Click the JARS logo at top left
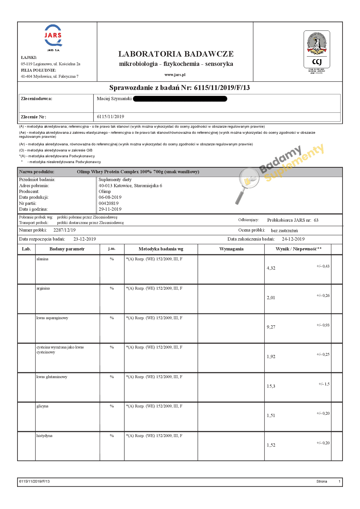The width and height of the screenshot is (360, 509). pyautogui.click(x=53, y=36)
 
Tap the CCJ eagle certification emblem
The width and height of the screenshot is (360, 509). pyautogui.click(x=317, y=49)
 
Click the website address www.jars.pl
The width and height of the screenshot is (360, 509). pyautogui.click(x=175, y=75)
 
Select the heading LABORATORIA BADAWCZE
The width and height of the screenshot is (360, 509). pyautogui.click(x=176, y=54)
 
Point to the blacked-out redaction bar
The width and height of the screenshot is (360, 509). pyautogui.click(x=180, y=99)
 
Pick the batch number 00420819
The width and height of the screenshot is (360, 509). pyautogui.click(x=109, y=203)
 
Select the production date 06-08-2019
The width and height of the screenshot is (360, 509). pyautogui.click(x=110, y=197)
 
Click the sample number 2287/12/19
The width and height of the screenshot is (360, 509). pyautogui.click(x=64, y=230)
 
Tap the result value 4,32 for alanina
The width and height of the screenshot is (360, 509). pyautogui.click(x=271, y=268)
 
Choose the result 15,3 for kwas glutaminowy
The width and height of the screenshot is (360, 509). pyautogui.click(x=271, y=386)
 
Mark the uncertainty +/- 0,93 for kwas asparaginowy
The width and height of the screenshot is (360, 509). pyautogui.click(x=323, y=325)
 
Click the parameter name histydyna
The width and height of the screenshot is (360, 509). pyautogui.click(x=44, y=436)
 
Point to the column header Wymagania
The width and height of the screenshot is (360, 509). pyautogui.click(x=231, y=249)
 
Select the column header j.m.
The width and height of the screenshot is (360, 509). pyautogui.click(x=112, y=249)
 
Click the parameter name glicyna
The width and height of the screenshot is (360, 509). pyautogui.click(x=42, y=406)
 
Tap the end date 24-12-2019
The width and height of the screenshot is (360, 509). pyautogui.click(x=293, y=239)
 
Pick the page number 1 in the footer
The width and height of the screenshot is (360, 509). pyautogui.click(x=339, y=481)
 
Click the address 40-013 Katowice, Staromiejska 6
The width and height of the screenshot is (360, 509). pyautogui.click(x=130, y=186)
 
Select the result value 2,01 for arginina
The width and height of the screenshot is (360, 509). pyautogui.click(x=271, y=298)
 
